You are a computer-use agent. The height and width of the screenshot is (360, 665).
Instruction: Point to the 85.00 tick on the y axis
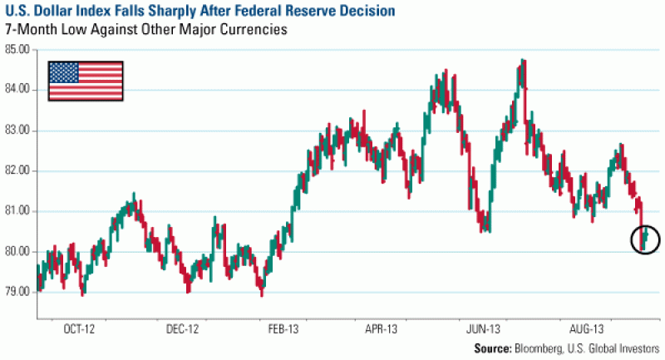coord(17,50)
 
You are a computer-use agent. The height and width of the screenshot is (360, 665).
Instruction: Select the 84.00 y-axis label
coord(17,90)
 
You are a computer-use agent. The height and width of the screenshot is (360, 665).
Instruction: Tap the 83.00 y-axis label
coord(17,131)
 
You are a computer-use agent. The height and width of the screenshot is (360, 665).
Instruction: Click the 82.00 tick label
coord(17,170)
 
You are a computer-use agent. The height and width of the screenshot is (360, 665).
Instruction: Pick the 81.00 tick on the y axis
coord(17,211)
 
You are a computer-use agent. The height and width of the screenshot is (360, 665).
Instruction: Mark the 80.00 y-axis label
coord(17,252)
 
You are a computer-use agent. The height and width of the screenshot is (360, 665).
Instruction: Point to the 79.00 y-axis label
coord(17,292)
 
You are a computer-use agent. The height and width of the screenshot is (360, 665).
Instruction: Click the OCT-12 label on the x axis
coord(78,329)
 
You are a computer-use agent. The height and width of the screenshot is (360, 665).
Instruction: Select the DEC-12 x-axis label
coord(183,329)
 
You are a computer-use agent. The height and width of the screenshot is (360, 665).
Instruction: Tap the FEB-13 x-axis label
coord(284,329)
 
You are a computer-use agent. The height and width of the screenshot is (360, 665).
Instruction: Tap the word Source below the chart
coord(494,349)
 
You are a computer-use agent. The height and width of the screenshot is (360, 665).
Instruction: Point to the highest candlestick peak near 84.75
coord(523,61)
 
